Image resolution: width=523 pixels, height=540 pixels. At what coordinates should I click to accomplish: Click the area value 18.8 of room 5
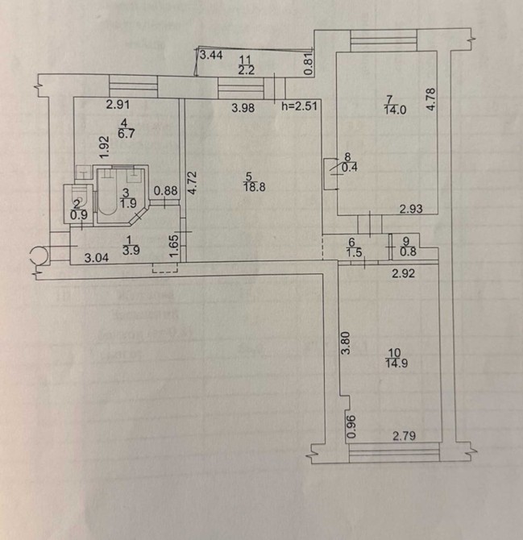coord(250,185)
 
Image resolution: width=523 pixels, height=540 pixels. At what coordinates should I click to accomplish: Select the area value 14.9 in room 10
coord(396,361)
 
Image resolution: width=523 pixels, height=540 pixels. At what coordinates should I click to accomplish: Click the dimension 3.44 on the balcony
coord(211,55)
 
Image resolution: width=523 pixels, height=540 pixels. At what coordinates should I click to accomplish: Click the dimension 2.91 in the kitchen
coord(118,103)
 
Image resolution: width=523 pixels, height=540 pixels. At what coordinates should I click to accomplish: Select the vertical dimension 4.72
coord(192,183)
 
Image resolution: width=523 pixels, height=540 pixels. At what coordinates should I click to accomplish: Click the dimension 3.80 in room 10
coord(345,346)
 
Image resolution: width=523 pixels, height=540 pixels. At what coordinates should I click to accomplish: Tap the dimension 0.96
coord(350,426)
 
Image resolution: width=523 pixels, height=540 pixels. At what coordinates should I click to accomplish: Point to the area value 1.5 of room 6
coord(351,252)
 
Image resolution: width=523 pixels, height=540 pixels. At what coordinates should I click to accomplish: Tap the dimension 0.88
coord(165,191)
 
